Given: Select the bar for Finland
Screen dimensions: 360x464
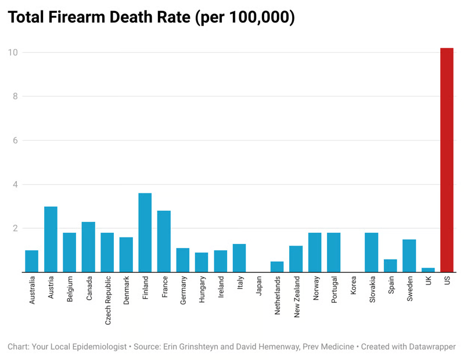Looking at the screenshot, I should [x=145, y=232].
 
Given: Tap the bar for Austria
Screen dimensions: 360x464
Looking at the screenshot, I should [x=51, y=239].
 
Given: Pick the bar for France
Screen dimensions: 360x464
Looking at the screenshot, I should [x=164, y=241].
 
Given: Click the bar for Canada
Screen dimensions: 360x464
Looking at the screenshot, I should [x=88, y=247].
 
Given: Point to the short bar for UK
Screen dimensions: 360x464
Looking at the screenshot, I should [x=428, y=269].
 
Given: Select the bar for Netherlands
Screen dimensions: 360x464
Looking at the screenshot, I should [x=277, y=267].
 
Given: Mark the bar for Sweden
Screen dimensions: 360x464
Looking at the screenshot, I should [x=409, y=255].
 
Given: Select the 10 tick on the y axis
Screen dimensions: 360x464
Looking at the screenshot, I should [x=13, y=52].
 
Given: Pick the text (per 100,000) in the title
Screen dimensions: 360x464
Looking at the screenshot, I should [x=245, y=18].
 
